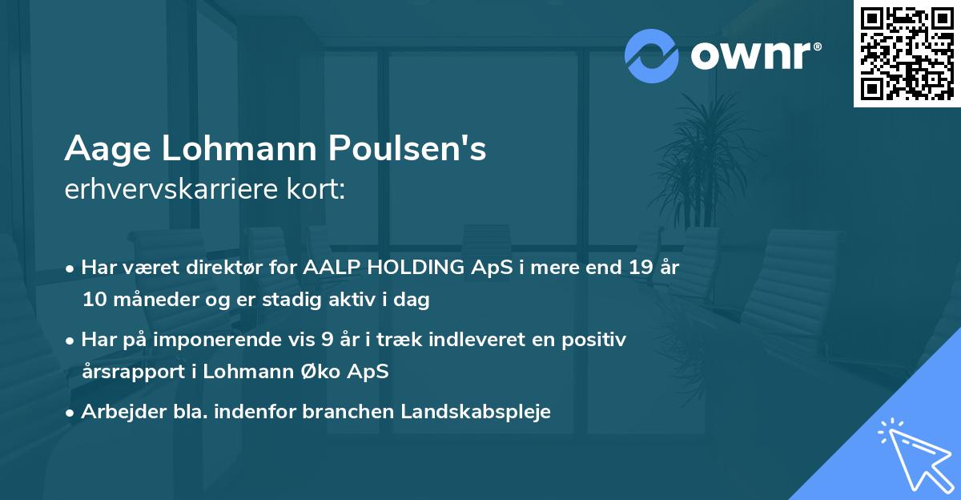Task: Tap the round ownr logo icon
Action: coord(652,55)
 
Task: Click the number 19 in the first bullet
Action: coord(639,268)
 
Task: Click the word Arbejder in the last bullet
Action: coord(118,412)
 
